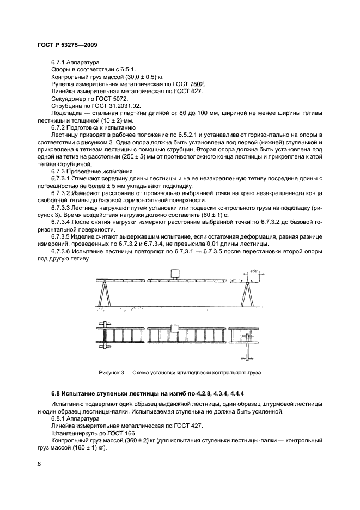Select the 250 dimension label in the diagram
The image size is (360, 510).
pyautogui.click(x=254, y=271)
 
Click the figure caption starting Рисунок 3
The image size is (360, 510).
pyautogui.click(x=180, y=373)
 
